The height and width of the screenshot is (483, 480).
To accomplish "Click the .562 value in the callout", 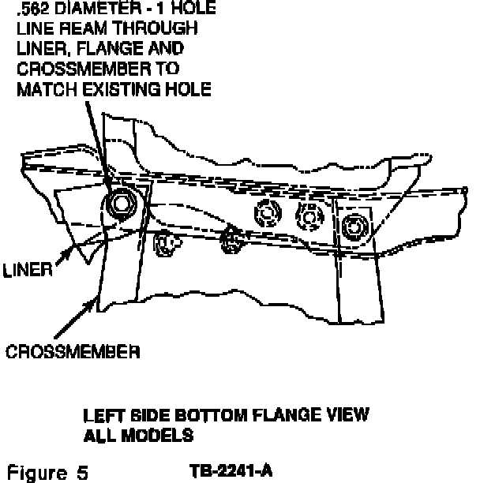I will pyautogui.click(x=33, y=10).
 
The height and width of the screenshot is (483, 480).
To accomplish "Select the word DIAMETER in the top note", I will pyautogui.click(x=96, y=10).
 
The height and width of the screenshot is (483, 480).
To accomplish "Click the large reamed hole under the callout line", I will pyautogui.click(x=121, y=204).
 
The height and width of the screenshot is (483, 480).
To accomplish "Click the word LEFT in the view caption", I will pyautogui.click(x=101, y=415).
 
